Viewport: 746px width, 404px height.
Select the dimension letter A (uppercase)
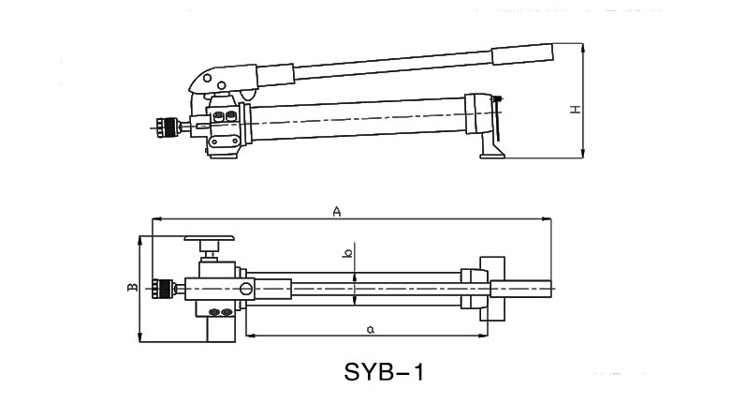335,212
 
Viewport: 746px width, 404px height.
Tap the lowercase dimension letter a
371,328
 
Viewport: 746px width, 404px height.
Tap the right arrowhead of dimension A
549,219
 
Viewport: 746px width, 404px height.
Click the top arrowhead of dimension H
583,43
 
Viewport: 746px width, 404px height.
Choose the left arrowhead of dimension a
249,336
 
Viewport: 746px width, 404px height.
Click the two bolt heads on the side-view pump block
226,118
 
